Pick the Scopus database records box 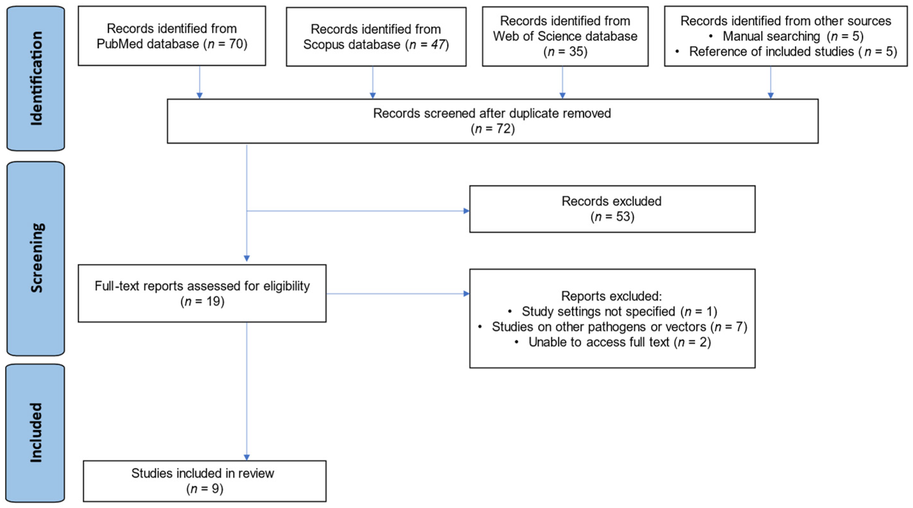pos(376,37)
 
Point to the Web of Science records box pos(565,37)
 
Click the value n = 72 pos(493,129)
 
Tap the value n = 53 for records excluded pos(612,216)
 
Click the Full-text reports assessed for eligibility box pos(202,293)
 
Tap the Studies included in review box pos(204,481)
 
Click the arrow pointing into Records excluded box pos(466,211)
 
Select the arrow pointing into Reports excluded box pos(466,294)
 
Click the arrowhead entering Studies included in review pos(247,457)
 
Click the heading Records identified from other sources pos(785,21)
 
